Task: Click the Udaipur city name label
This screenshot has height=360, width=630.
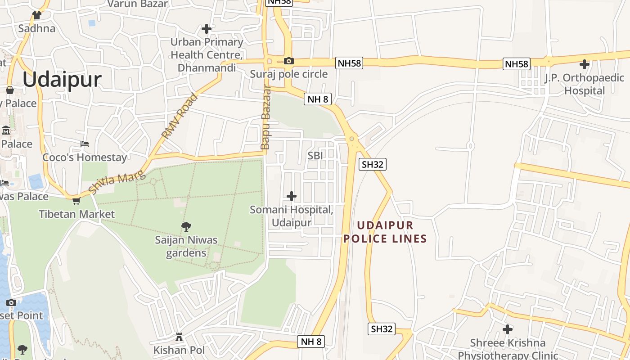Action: [x=62, y=80]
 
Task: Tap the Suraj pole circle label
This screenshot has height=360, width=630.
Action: [x=288, y=74]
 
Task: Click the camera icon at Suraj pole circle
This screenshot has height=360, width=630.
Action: [x=288, y=61]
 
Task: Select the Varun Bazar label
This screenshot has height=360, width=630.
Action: [x=137, y=4]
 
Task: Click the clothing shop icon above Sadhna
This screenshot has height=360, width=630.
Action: [x=37, y=15]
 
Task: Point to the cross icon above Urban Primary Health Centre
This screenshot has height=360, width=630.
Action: [x=207, y=29]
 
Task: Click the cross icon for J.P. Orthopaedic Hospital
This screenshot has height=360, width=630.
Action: [x=584, y=64]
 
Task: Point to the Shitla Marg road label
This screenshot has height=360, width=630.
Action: [x=117, y=179]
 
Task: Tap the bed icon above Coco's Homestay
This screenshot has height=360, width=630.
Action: [x=84, y=144]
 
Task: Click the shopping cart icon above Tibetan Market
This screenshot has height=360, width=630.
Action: [x=76, y=201]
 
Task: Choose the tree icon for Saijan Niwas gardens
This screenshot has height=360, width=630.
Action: [x=186, y=226]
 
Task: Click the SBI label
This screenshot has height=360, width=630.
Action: [x=315, y=156]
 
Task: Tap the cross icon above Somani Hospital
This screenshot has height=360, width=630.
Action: [x=292, y=196]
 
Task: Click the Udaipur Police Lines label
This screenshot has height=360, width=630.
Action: [x=385, y=232]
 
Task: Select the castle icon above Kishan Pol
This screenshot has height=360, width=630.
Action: [x=179, y=337]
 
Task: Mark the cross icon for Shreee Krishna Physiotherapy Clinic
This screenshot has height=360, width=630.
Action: [x=508, y=329]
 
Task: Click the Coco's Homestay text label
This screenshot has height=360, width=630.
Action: [x=85, y=157]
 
